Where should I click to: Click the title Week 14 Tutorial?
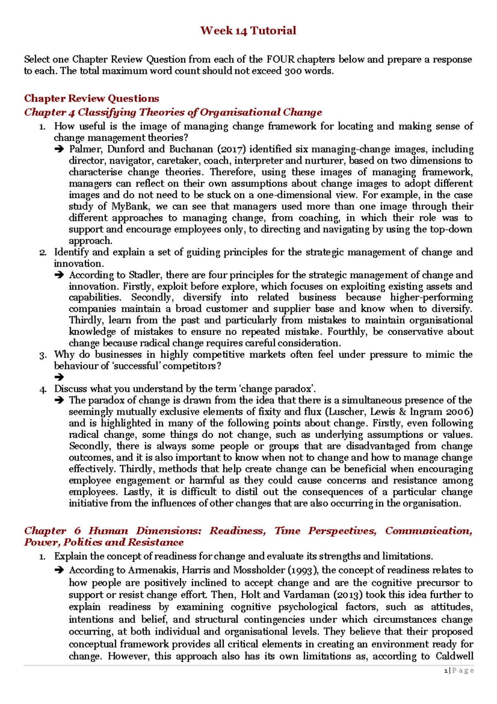point(248,31)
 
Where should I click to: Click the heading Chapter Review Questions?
point(92,98)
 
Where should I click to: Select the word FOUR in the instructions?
point(280,59)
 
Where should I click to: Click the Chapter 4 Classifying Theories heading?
point(173,112)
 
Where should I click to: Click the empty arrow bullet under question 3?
point(59,377)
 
